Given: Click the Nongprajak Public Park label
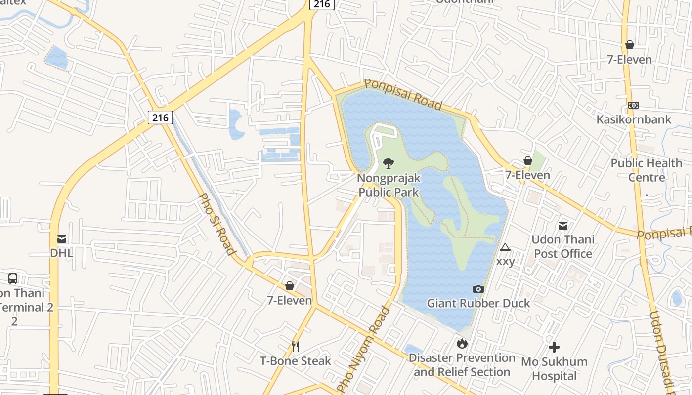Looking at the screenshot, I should coord(389,185).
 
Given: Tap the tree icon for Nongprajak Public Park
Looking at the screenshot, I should coord(389,163).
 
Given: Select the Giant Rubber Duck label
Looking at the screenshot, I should coord(478,303).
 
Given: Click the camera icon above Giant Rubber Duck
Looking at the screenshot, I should coord(478,289).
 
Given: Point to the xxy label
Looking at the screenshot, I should coord(505,261).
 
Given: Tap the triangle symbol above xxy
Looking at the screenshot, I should coord(505,247).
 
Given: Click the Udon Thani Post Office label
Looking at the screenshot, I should coord(562,246).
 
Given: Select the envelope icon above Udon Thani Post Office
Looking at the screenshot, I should coord(562,226).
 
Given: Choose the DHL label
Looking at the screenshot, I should coord(62,253).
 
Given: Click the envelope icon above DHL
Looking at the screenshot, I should coord(62,239).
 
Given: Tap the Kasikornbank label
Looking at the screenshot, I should coord(634,119).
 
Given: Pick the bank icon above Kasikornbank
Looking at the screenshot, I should coord(634,105).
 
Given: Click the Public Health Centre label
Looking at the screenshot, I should coord(647,170).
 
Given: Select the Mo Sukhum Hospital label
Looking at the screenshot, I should coord(554,368).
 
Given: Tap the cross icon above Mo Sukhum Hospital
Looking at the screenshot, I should coord(554,347).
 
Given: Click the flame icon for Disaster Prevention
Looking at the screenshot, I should coord(462,343).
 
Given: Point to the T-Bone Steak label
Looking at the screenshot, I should coord(296,361).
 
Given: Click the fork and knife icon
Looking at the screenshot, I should coord(296,347).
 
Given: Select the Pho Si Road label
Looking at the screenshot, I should coord(216,223).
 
